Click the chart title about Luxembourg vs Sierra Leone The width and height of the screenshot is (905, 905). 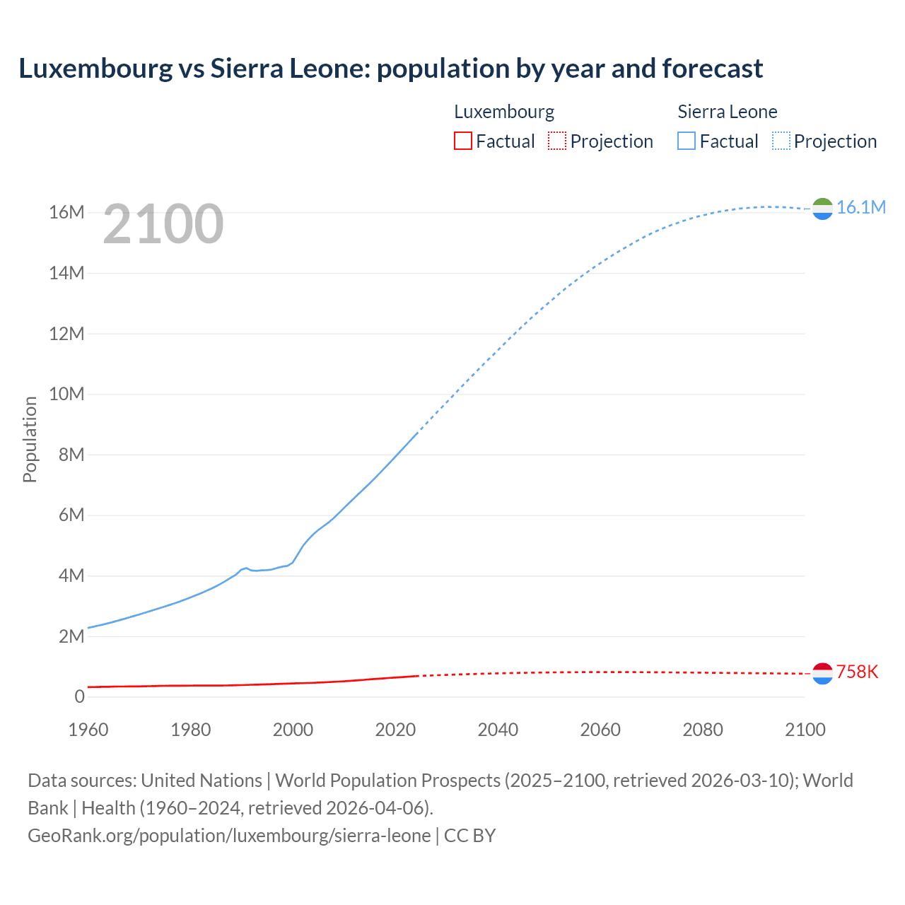(390, 69)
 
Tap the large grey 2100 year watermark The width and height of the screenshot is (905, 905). (163, 224)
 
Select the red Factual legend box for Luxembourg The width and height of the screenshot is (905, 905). (462, 141)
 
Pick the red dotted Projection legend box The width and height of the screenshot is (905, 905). (557, 141)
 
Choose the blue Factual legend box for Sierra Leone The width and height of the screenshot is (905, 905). (687, 141)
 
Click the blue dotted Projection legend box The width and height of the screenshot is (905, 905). (781, 141)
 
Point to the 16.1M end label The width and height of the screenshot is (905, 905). (860, 207)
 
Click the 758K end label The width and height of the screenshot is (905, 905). (857, 672)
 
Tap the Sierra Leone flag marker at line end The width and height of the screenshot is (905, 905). (822, 209)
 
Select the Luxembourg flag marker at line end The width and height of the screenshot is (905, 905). (822, 674)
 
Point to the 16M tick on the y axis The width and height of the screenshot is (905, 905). (66, 212)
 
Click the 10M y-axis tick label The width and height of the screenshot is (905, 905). (66, 394)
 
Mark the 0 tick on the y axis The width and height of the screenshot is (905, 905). (79, 696)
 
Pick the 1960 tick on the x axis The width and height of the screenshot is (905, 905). (88, 730)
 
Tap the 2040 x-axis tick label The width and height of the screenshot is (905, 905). (498, 730)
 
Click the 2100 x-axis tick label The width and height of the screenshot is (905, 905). (805, 730)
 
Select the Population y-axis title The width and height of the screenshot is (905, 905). (30, 439)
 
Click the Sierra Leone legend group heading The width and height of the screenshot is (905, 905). (727, 112)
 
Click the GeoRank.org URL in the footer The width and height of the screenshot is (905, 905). (229, 836)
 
